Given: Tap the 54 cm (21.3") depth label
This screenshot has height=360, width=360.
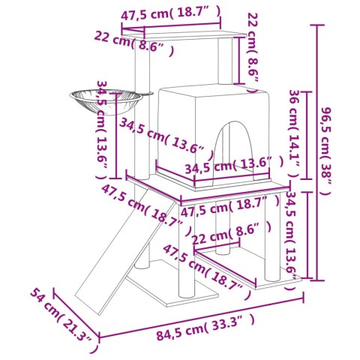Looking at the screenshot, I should pos(64,318).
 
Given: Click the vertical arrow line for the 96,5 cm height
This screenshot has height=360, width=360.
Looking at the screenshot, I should pos(318,150).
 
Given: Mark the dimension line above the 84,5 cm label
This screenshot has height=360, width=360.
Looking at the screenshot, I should pos(202,313).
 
